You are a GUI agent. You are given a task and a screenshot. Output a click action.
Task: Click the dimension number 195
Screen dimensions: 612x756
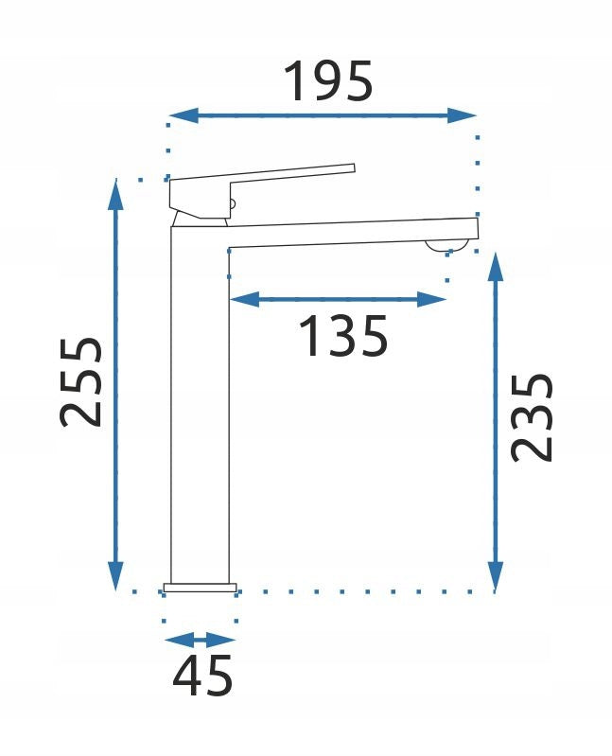[x=328, y=81]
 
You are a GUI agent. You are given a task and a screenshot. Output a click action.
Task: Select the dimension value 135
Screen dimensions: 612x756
[x=343, y=336]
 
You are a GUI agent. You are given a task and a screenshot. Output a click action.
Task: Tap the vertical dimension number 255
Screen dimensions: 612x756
[x=81, y=382]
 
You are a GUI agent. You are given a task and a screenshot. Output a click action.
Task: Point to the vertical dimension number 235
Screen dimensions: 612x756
[x=532, y=418]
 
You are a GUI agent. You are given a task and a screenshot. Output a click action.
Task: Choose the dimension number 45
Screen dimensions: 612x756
[x=202, y=675]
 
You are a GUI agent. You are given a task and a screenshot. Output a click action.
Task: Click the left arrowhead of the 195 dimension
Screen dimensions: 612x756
[x=184, y=115]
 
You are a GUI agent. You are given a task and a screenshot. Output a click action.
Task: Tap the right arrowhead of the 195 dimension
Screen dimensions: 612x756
[x=462, y=115]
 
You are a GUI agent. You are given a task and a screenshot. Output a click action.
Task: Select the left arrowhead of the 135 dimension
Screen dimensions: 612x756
[x=244, y=299]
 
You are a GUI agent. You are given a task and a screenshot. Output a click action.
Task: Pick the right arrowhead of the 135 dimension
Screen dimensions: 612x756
[x=431, y=299]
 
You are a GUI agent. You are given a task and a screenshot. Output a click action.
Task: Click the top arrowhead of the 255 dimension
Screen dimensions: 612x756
[x=115, y=194]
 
